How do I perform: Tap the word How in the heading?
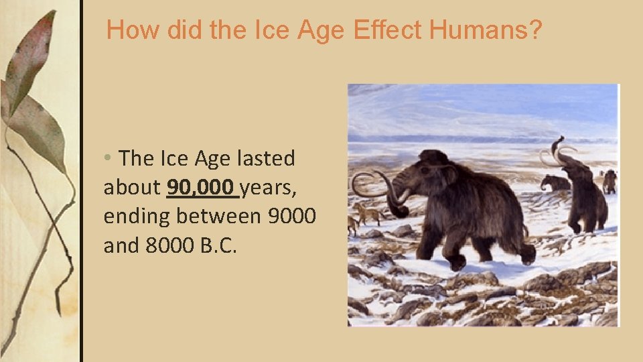[130, 30]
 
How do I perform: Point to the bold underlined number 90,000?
[202, 188]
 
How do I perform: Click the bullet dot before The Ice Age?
[108, 160]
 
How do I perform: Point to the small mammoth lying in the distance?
[555, 182]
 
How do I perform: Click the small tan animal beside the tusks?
[367, 213]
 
